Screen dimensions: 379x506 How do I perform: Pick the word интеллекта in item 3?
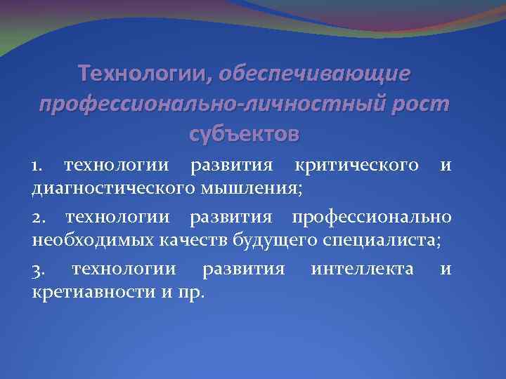click(362, 271)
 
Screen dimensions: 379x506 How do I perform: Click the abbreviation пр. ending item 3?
click(192, 292)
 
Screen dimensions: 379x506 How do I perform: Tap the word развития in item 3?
click(242, 271)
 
